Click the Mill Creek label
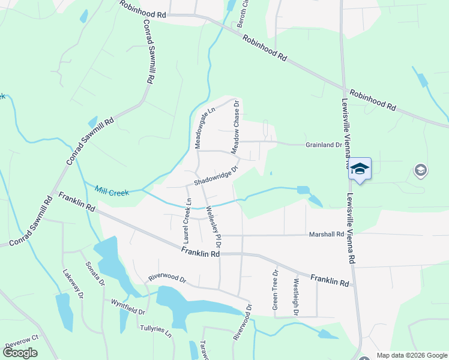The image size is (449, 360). (x=112, y=191)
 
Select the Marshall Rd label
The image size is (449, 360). (x=327, y=235)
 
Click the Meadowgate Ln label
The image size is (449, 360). (x=203, y=128)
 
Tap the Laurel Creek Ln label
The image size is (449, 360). (x=187, y=221)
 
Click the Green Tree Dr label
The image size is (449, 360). (x=276, y=289)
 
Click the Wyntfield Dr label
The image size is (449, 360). (x=128, y=308)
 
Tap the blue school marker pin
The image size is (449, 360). (x=360, y=169)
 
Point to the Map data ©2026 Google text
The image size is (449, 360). (x=412, y=355)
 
